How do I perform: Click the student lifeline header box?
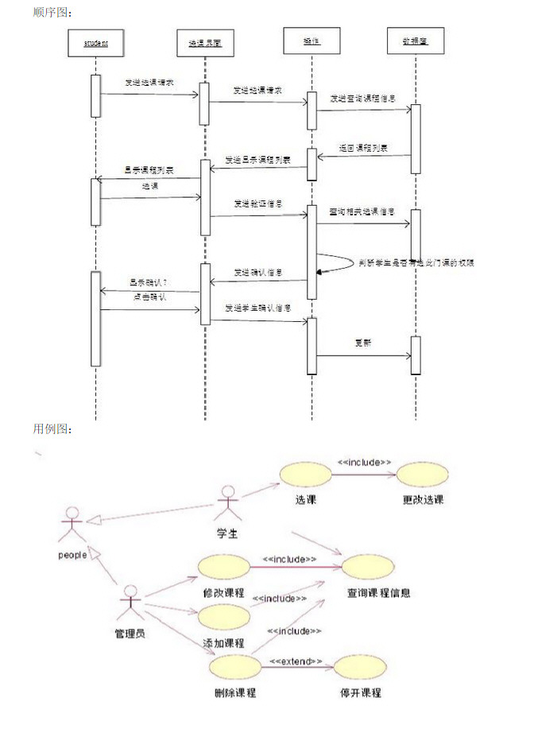95,43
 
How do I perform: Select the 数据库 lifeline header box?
415,41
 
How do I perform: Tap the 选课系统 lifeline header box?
205,43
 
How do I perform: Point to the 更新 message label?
363,343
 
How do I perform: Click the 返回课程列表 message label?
363,148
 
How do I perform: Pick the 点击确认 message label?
148,297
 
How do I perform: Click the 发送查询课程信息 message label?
363,99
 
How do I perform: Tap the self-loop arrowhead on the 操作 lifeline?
319,272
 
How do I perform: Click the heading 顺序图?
52,12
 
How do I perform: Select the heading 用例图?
52,429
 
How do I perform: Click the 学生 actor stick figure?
228,502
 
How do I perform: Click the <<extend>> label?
296,661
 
